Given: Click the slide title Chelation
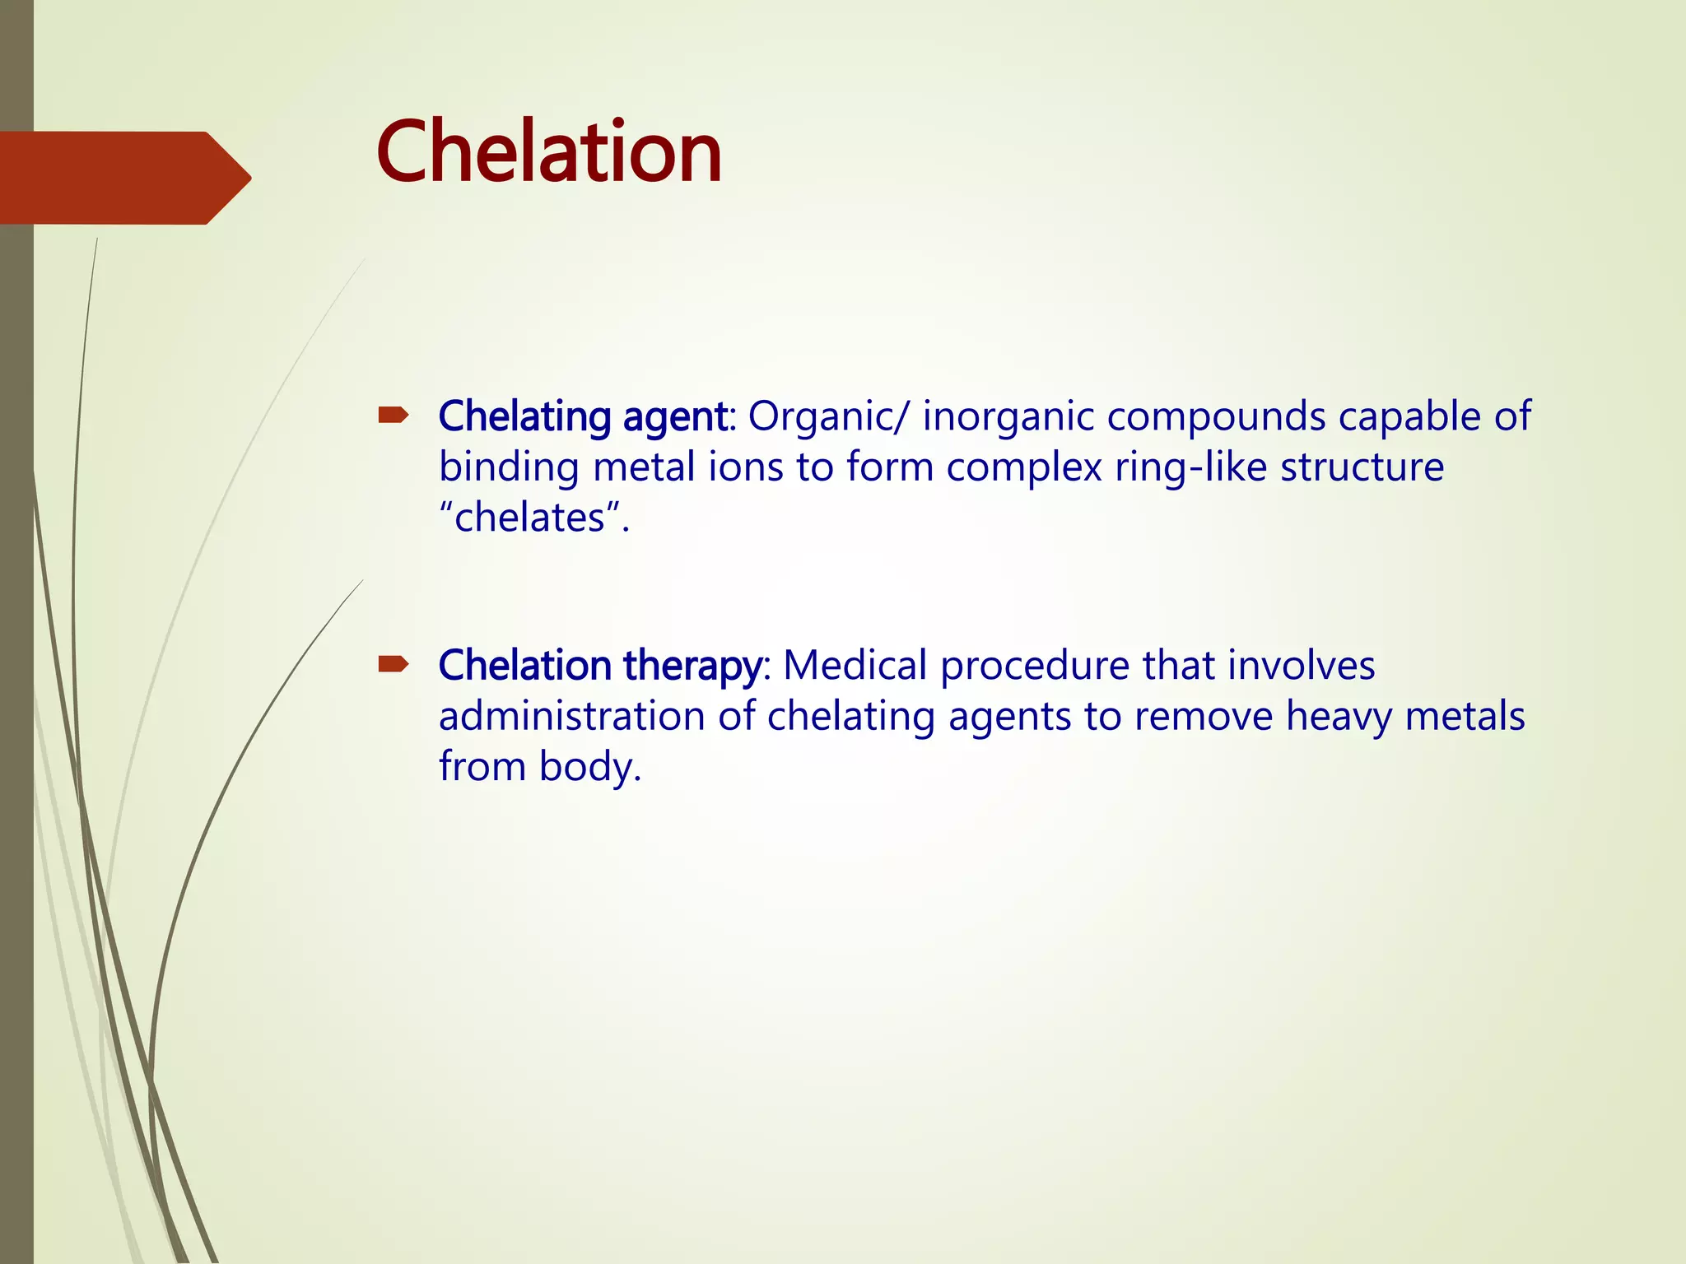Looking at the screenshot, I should pyautogui.click(x=549, y=152).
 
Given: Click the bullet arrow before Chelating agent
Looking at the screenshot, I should pyautogui.click(x=394, y=416).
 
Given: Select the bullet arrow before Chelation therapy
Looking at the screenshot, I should pyautogui.click(x=394, y=664).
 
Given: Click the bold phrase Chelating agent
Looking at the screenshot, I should pyautogui.click(x=583, y=417).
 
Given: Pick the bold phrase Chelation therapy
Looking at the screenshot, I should pyautogui.click(x=600, y=666).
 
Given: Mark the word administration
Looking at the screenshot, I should pyautogui.click(x=571, y=716).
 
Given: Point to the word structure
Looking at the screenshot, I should pyautogui.click(x=1362, y=467).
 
